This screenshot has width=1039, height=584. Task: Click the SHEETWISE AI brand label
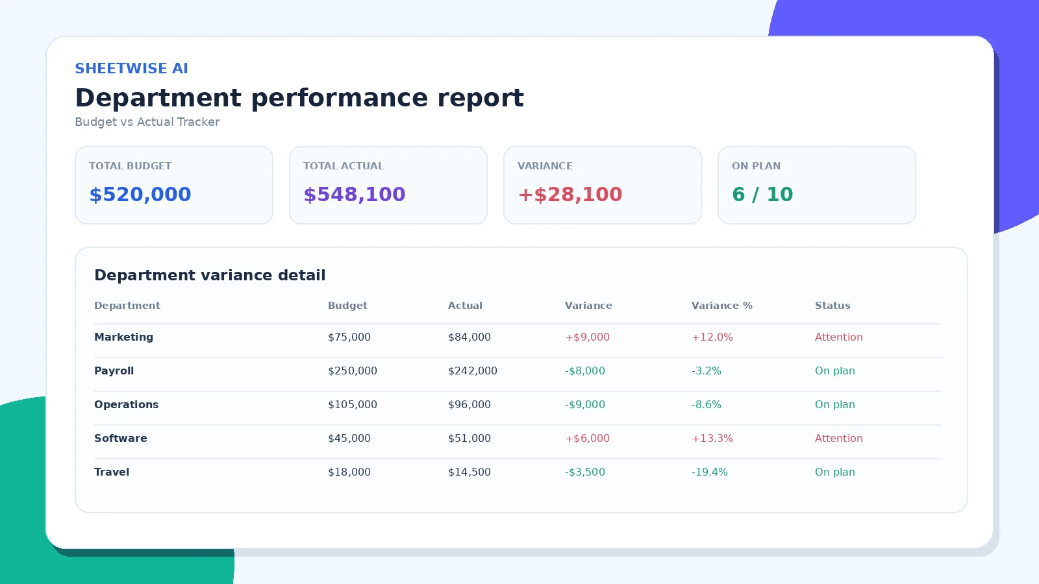131,69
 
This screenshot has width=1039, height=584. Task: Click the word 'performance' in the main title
339,99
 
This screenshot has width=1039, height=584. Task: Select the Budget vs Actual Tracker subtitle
147,122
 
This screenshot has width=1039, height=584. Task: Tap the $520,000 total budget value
140,194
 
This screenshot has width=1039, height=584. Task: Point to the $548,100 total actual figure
355,194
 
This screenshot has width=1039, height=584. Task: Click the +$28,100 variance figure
570,194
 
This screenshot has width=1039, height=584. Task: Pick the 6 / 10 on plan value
762,194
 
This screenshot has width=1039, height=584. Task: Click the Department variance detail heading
210,275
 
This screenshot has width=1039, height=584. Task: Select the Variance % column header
721,306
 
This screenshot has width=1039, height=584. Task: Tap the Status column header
832,306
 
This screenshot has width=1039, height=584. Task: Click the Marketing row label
123,337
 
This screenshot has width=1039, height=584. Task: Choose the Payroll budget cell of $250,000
353,371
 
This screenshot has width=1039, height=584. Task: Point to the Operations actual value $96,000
469,405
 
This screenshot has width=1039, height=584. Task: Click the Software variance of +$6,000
587,439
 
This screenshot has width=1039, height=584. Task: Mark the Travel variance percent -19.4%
710,472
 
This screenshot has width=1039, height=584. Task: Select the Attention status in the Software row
838,439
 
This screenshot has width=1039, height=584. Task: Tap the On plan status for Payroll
835,371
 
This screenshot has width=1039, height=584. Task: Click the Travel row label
112,472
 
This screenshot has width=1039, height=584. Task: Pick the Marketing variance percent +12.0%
712,337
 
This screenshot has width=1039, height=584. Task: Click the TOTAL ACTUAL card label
344,166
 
